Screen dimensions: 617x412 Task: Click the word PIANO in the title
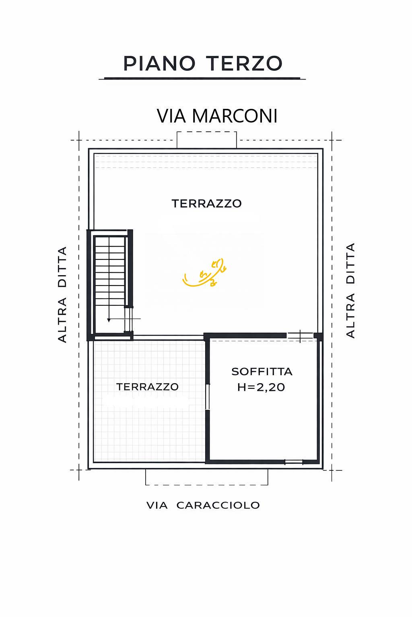(x=159, y=63)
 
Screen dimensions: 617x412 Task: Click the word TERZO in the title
(x=244, y=63)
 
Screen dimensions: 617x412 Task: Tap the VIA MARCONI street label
(x=217, y=116)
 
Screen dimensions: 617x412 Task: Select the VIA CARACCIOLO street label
(x=203, y=505)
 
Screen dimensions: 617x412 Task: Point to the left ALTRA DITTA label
(x=62, y=294)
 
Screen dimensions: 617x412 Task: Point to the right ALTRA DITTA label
(x=350, y=290)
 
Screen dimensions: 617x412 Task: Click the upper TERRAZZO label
(x=206, y=204)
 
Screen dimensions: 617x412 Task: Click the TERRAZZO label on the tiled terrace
(x=147, y=387)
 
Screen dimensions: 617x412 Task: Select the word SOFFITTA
(x=262, y=372)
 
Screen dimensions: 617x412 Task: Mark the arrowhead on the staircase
(x=109, y=320)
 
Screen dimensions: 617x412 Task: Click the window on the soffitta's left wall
(x=208, y=396)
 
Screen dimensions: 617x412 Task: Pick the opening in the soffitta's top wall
(x=300, y=336)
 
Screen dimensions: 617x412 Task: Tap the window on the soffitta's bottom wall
(x=294, y=462)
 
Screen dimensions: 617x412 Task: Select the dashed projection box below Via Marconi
(x=207, y=139)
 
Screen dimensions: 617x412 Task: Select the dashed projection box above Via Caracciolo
(x=206, y=477)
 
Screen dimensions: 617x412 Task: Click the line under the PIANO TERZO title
(x=202, y=78)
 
